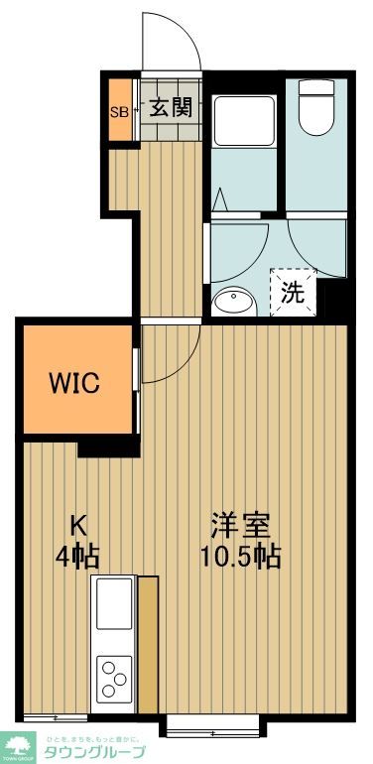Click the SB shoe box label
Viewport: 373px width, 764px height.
pyautogui.click(x=117, y=109)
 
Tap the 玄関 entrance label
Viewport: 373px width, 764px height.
pyautogui.click(x=171, y=108)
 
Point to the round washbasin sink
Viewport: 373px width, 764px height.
pyautogui.click(x=233, y=300)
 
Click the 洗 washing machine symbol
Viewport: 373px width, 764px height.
pyautogui.click(x=293, y=292)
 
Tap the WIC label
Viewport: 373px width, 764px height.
pyautogui.click(x=75, y=383)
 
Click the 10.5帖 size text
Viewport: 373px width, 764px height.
pyautogui.click(x=242, y=556)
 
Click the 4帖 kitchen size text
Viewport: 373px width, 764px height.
pyautogui.click(x=75, y=556)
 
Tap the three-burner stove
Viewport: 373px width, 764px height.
pyautogui.click(x=113, y=681)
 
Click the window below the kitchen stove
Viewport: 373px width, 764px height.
pyautogui.click(x=56, y=716)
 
